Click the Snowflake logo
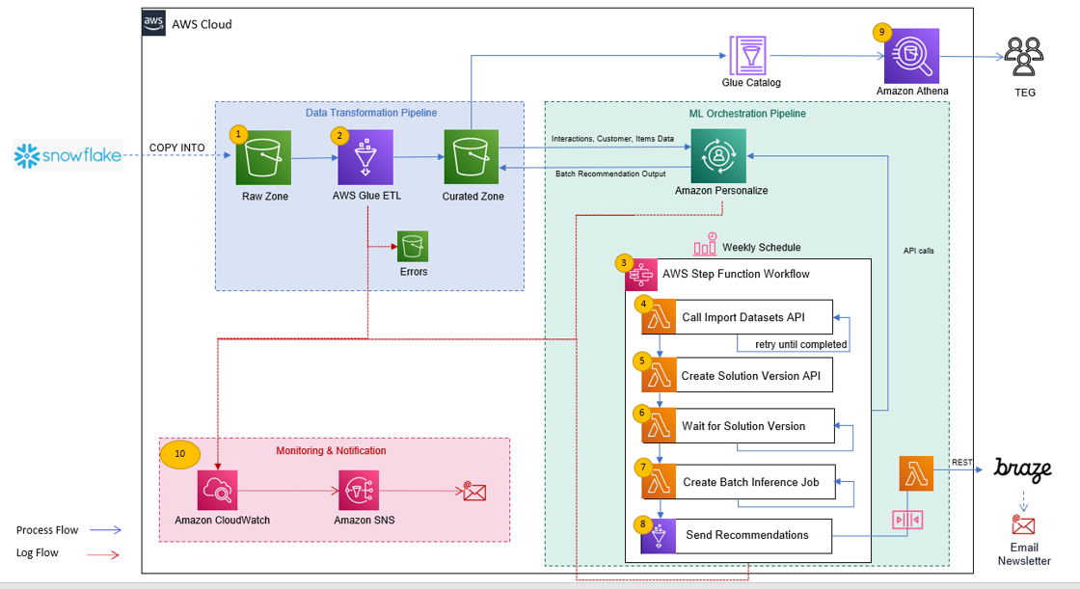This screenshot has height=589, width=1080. [68, 156]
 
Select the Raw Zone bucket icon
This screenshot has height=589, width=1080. [263, 158]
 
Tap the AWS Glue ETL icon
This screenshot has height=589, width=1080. [365, 157]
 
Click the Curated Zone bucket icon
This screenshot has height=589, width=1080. [472, 157]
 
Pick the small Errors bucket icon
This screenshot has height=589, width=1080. [413, 246]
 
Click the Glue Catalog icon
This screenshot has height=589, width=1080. [748, 55]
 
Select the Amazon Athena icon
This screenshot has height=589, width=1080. [912, 56]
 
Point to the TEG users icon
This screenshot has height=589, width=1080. [1024, 57]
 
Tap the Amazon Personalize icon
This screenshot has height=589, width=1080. [718, 156]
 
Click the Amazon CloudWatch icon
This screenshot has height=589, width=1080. [217, 491]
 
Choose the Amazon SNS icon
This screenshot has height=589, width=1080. [358, 491]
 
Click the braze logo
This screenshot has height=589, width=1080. [1022, 469]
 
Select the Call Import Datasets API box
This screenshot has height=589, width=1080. [737, 317]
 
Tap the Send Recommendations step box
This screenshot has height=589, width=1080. [737, 535]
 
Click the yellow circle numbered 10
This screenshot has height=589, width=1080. [179, 454]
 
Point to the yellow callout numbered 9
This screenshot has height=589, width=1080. [881, 33]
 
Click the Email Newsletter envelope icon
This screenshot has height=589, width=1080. [1023, 525]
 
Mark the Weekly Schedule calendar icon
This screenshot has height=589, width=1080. [705, 245]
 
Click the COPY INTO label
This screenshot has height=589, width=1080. [177, 147]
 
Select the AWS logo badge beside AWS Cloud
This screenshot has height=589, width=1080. [153, 23]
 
